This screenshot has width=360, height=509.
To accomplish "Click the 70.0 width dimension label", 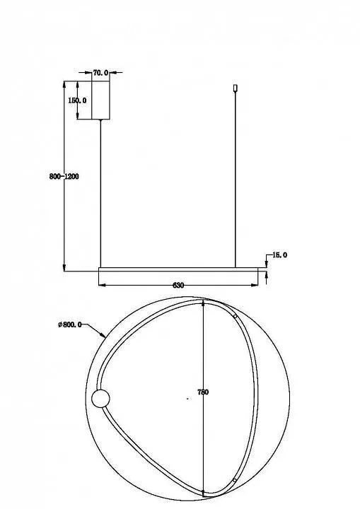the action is click(100, 73).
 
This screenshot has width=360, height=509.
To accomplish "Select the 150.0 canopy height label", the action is click(77, 100).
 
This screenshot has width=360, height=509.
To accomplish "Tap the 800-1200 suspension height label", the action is click(64, 177).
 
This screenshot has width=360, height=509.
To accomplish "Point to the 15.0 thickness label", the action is click(280, 255).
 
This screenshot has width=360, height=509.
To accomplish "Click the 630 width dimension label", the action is click(178, 286).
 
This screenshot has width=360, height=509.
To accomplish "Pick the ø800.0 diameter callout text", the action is click(70, 324).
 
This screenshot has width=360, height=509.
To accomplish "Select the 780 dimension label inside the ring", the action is click(203, 392).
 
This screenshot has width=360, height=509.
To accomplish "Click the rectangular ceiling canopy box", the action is click(100, 100).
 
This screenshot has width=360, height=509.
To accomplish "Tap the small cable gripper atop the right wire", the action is click(236, 88).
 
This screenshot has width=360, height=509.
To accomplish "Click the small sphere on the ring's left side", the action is click(100, 399).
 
